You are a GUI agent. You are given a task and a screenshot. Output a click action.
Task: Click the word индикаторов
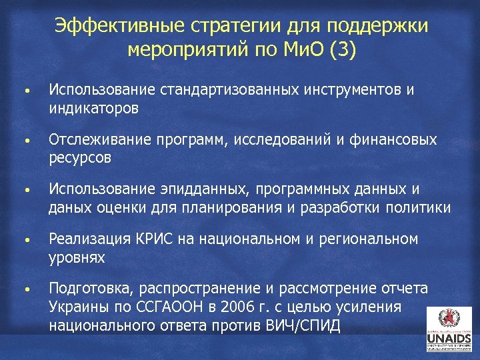click(93, 107)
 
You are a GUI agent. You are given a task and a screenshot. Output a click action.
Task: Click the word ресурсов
click(79, 157)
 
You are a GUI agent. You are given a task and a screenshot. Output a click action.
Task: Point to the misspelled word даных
click(67, 207)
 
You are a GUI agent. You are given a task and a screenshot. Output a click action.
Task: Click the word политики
click(418, 207)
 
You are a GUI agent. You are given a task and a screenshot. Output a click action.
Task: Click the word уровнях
click(76, 257)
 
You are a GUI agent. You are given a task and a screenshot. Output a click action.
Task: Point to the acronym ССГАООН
click(167, 307)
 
